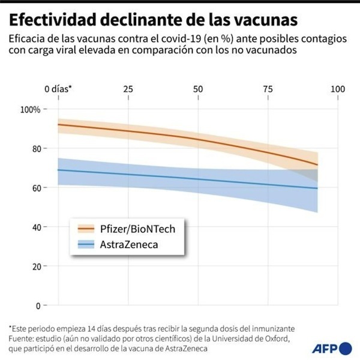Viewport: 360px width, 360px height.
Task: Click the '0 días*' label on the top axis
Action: point(58,89)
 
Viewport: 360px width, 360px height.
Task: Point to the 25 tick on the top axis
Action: point(128,89)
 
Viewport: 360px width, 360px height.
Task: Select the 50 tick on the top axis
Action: point(198,89)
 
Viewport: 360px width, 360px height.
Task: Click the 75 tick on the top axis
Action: point(268,89)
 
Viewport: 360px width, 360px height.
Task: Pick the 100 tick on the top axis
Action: point(338,89)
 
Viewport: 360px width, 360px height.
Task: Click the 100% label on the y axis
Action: point(30,110)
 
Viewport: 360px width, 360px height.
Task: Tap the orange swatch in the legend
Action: point(86,228)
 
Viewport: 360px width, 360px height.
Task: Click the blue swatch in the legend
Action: point(86,244)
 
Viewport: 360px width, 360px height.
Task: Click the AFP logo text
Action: point(325,348)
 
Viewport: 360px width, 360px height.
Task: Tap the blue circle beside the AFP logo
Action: point(346,348)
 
